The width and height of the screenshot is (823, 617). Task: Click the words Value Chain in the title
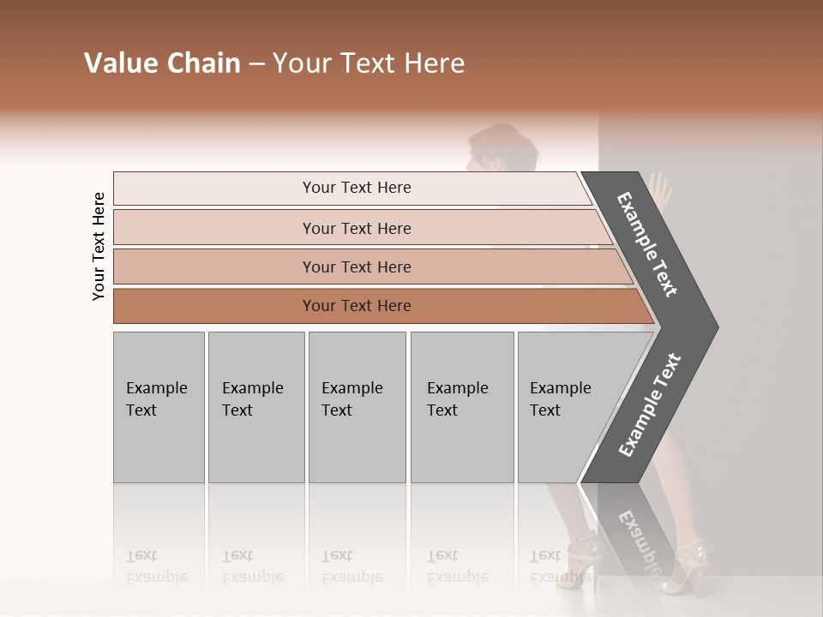coord(162,63)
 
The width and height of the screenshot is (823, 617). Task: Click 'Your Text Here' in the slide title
coord(369,63)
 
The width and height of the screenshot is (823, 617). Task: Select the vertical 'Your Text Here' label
coord(99,247)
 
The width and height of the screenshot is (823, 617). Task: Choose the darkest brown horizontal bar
coord(377,306)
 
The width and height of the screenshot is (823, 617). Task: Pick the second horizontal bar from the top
coord(360,228)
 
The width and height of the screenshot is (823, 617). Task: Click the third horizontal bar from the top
coord(369,267)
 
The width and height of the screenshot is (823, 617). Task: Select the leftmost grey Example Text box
coord(159,407)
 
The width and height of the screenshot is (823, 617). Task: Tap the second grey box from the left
coord(255,407)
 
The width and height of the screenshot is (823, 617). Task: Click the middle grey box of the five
coord(357,407)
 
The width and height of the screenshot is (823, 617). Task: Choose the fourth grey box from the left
coord(461,407)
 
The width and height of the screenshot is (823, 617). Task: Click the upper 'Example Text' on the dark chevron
coord(648,244)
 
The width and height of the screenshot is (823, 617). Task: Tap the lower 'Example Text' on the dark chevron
coord(650,404)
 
